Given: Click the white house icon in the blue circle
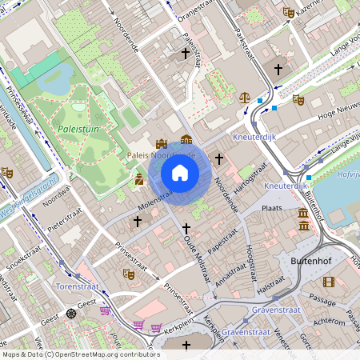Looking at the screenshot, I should pos(180,172).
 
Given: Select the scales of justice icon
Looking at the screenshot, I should pos(244,96).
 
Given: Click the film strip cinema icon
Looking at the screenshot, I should pos(328,281).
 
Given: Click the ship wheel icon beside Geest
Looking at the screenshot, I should pos(72,313).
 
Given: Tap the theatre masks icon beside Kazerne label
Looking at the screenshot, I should pos(288,12).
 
